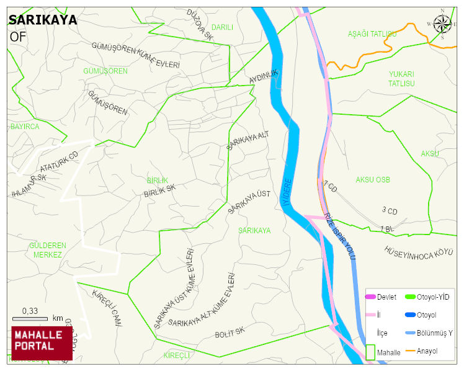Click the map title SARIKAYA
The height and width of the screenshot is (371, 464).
pos(43,20)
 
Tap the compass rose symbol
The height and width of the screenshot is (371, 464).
pos(443,24)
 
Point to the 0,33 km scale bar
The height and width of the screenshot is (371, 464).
pos(30,318)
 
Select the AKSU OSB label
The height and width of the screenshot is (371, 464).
pos(373,180)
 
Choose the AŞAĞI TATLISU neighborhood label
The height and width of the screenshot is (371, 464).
pos(372,34)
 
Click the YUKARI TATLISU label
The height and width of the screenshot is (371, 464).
pos(401,79)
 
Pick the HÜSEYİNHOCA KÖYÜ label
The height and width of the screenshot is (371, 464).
pos(416,253)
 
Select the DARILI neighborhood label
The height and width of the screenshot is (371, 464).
pos(222,27)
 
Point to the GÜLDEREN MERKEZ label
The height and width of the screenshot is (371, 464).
pos(47,250)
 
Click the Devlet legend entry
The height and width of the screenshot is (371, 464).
pos(386,297)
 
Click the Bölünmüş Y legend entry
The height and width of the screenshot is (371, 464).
pos(434,333)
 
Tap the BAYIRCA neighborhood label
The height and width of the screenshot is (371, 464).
pos(25,127)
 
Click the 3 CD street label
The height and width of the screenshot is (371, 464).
pos(390,211)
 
